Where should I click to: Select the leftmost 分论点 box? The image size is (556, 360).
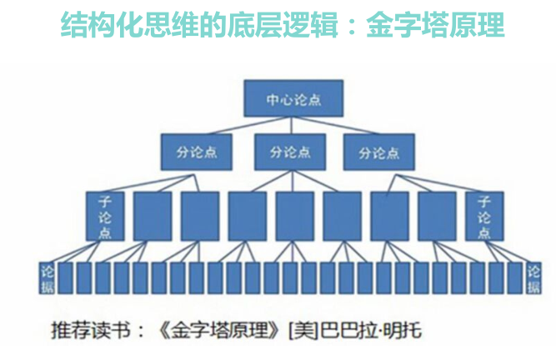coord(190,152)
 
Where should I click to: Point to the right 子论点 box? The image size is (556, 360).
coord(484,216)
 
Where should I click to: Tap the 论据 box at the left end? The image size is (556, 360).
coord(48,278)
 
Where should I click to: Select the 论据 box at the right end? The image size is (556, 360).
coord(533,278)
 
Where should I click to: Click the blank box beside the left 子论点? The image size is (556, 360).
coord(153,216)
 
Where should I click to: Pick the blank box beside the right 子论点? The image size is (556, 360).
coord(437,216)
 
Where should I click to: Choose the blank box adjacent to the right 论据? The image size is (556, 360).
coord(515,278)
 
